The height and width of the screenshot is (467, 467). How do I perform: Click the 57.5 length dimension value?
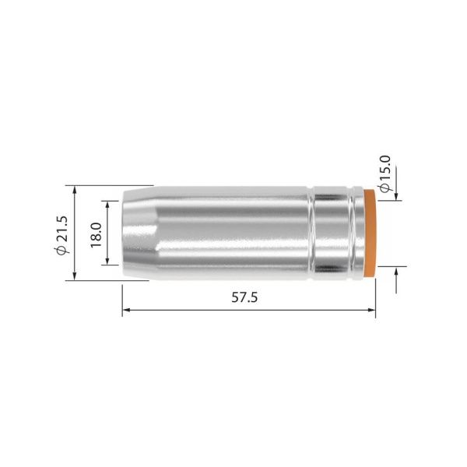click(x=248, y=298)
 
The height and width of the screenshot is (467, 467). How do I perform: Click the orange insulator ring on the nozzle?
click(x=372, y=233)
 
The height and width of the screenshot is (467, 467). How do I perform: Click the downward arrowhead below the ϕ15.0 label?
click(x=397, y=195)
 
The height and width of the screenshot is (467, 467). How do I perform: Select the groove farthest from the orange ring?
click(x=314, y=233)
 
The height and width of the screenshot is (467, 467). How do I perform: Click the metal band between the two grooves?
click(x=333, y=233)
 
